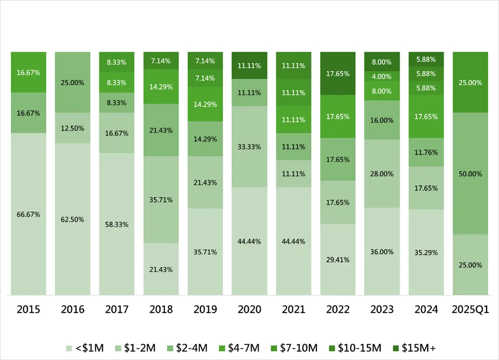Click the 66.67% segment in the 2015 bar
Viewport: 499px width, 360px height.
pos(28,214)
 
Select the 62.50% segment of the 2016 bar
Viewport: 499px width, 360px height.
pos(73,219)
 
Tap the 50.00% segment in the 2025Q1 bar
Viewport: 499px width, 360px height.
pos(470,174)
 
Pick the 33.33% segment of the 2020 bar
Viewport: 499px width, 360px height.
pos(249,147)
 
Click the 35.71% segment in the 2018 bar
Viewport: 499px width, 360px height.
pos(161,199)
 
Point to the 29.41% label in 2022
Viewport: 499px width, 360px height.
pos(338,259)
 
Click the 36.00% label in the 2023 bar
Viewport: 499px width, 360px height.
pos(382,252)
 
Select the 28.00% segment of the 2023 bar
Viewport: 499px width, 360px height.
pos(382,174)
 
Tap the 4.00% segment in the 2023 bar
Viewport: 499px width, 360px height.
pos(382,76)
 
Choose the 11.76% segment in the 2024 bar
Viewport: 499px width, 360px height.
pos(426,153)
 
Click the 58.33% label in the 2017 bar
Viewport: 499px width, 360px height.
pos(117,224)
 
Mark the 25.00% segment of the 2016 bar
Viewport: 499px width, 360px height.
pos(73,82)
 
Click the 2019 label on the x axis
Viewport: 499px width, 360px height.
pos(205,310)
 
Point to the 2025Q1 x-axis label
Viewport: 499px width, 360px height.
pos(470,310)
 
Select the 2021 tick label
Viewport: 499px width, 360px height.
pos(293,310)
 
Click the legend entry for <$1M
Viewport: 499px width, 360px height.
pos(85,348)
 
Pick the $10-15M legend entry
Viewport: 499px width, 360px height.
pos(356,348)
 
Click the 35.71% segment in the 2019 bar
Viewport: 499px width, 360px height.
pos(205,252)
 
